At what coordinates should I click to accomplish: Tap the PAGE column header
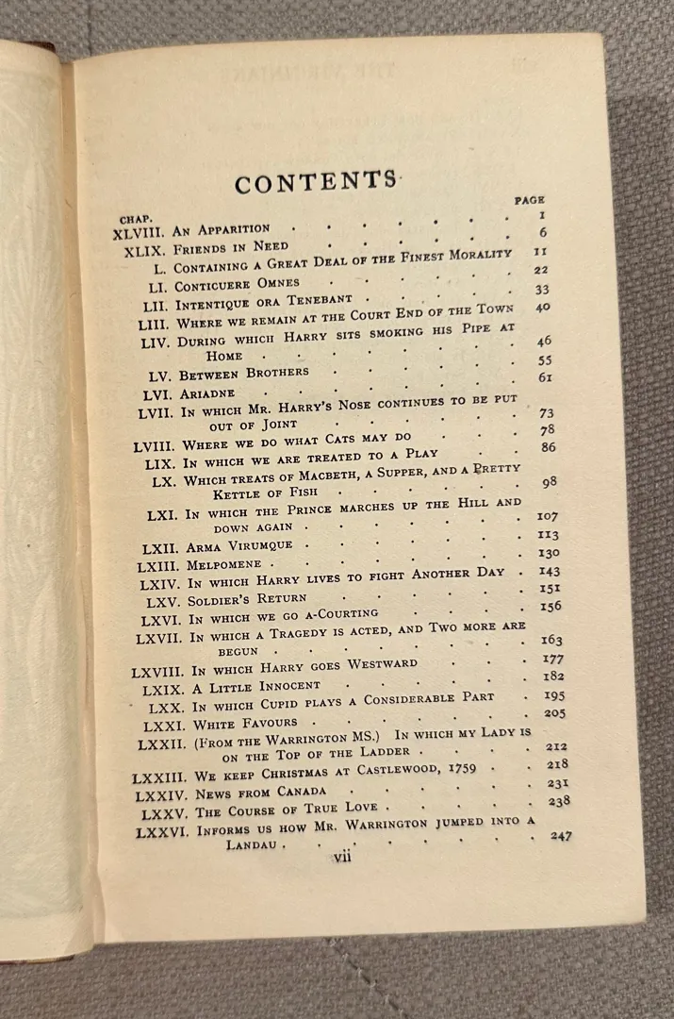[x=530, y=200]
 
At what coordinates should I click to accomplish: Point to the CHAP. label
[x=136, y=218]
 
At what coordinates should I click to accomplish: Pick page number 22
[x=539, y=270]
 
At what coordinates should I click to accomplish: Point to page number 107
[x=548, y=516]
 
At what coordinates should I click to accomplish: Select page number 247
[x=560, y=835]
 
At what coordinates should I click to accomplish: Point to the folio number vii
[x=341, y=857]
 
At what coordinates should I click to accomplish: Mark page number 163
[x=552, y=641]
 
